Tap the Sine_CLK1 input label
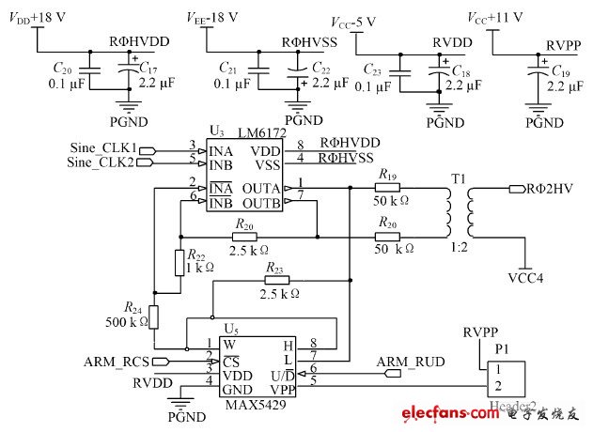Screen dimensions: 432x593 coord(104,147)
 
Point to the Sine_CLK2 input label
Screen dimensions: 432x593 coord(104,162)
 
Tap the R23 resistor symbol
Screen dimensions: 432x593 coord(276,279)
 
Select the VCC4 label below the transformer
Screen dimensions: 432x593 coord(525,278)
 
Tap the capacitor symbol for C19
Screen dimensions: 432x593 coord(538,71)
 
